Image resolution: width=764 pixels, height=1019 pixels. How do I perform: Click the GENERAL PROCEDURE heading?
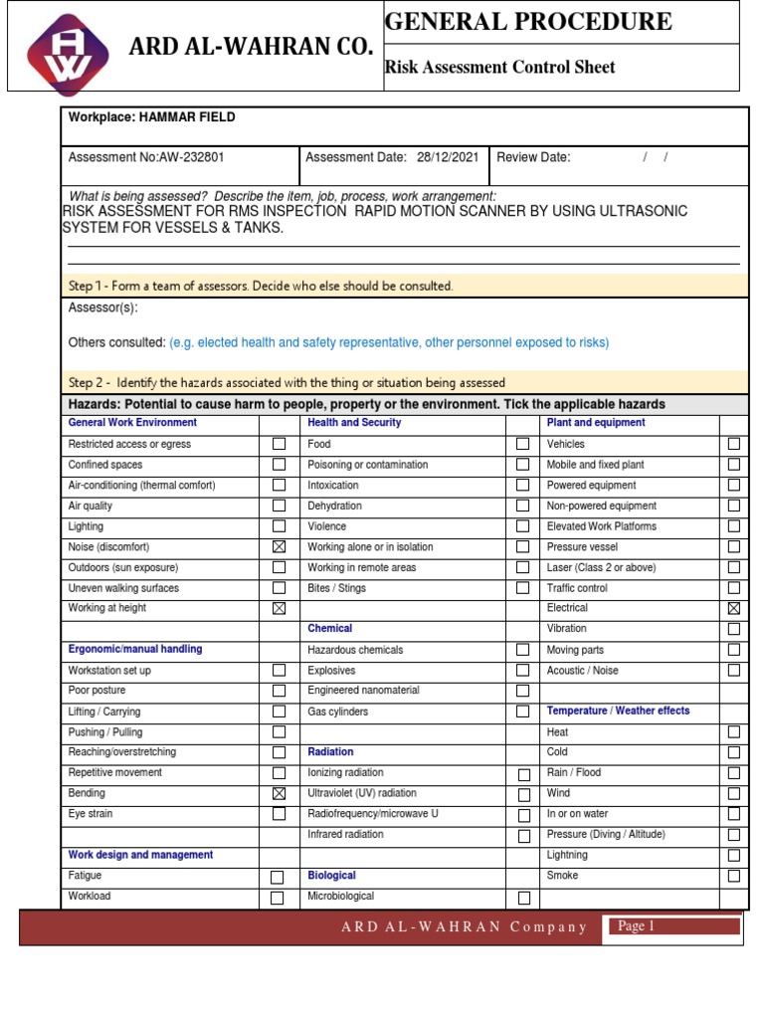coord(528,21)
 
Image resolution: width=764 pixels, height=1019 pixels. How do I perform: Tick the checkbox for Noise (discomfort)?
coord(279,546)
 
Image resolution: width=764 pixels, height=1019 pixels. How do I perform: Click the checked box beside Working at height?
coord(279,608)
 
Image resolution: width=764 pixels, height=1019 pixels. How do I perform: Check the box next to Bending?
coord(279,793)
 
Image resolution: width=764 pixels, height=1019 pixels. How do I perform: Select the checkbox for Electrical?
coord(733,608)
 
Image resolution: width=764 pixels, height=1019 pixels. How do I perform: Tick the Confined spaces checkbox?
coord(279,465)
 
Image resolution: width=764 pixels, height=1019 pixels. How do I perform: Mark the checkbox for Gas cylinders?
coord(522,712)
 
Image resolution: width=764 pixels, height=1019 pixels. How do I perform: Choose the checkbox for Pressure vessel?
coord(733,546)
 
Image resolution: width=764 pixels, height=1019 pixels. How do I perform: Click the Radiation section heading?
coord(330,752)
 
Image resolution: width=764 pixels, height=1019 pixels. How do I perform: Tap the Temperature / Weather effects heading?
coord(618,711)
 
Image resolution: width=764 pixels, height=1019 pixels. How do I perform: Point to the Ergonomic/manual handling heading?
coord(134,649)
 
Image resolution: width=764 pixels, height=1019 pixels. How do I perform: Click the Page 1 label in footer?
coord(637,926)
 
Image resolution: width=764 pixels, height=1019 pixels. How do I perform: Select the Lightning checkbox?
coord(733,855)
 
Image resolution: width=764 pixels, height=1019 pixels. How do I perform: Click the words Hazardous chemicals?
coord(355,650)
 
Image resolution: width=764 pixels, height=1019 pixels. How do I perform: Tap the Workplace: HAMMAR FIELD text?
coord(151,117)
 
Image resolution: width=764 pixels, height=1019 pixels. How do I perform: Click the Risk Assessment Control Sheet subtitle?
coord(499,68)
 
